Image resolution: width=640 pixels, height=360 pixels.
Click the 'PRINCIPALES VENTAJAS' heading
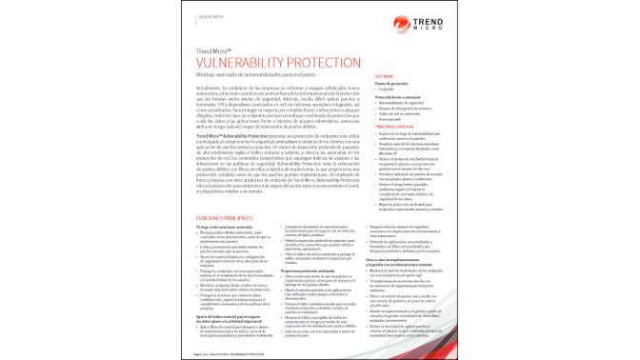(x=399, y=127)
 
